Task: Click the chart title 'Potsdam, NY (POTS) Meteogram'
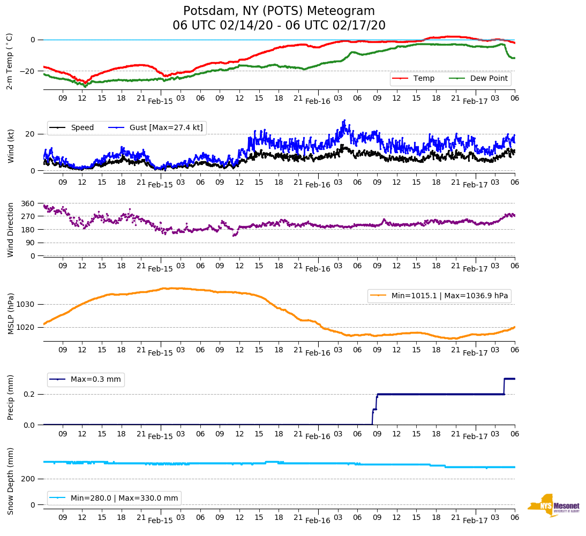279,11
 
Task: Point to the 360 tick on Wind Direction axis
28,203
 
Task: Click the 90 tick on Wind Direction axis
30,243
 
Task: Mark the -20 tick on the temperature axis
28,71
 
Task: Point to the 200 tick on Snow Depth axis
28,479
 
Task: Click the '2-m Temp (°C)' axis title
10,61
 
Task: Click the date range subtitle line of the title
279,26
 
